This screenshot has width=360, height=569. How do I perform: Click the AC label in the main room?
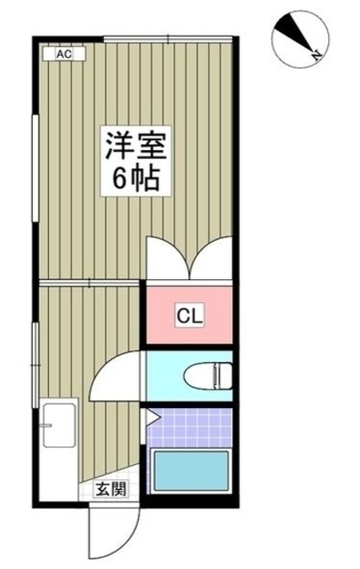pyautogui.click(x=63, y=54)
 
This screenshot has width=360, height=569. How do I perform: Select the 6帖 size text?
pyautogui.click(x=135, y=180)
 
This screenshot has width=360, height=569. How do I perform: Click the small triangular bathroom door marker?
pyautogui.click(x=151, y=416)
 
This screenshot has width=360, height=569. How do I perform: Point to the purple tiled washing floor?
pyautogui.click(x=189, y=426)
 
